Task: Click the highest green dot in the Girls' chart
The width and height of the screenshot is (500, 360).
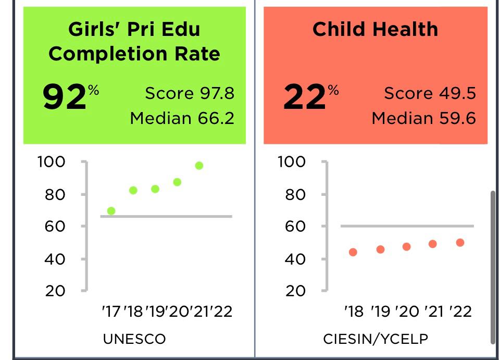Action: [x=199, y=166]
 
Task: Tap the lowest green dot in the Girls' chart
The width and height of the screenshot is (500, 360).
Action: [x=111, y=211]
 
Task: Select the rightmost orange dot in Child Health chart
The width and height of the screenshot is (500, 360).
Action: [x=460, y=242]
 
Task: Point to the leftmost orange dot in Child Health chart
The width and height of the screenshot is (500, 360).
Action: [x=353, y=252]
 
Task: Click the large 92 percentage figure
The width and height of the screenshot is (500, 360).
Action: [x=65, y=97]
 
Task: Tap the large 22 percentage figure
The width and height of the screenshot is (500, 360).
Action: [x=305, y=97]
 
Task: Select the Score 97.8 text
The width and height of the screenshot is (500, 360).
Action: [x=190, y=93]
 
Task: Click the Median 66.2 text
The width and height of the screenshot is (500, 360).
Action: [x=182, y=118]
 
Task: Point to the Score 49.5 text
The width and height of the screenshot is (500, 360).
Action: [x=430, y=93]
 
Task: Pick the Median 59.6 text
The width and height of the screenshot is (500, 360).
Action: [x=423, y=118]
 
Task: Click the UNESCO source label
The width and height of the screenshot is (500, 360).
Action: [x=134, y=339]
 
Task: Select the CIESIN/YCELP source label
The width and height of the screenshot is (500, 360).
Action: [x=376, y=339]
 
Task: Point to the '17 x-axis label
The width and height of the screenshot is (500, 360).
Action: [x=111, y=312]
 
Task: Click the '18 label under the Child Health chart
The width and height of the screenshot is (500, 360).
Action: [x=354, y=312]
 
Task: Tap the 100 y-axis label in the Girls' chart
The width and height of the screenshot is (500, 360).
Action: [x=51, y=162]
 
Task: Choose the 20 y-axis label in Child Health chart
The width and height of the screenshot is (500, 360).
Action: [x=295, y=291]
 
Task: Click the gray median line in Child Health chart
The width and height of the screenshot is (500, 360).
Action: [x=406, y=226]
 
